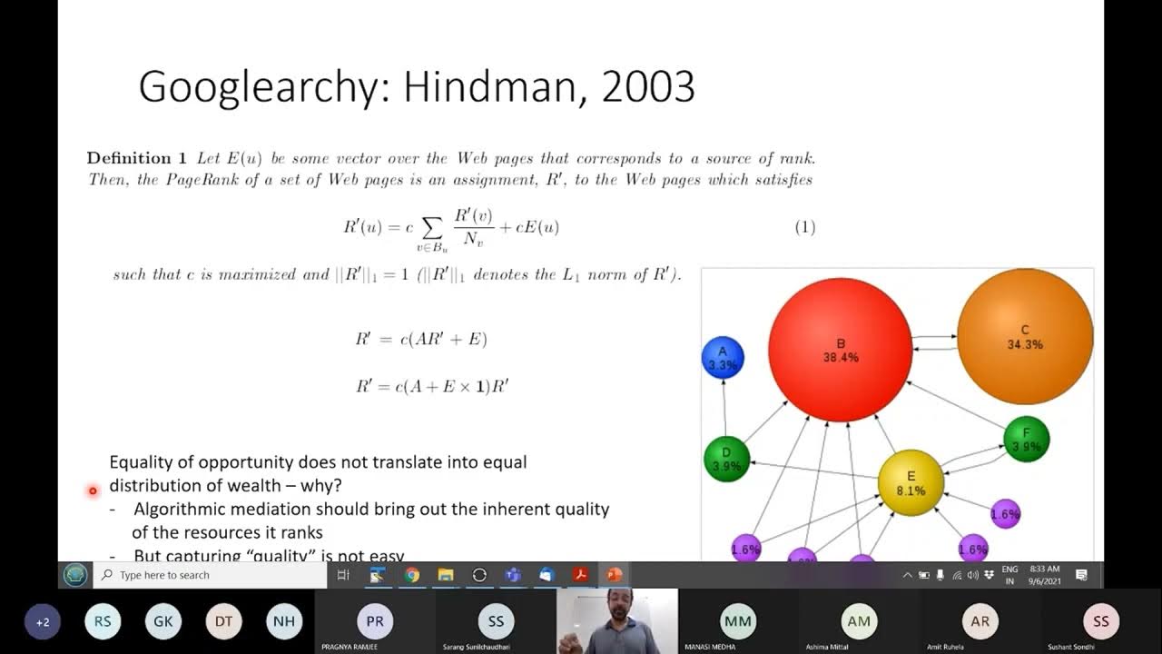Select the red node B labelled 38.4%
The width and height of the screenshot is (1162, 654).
(840, 350)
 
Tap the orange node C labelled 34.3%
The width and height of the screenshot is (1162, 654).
(1025, 337)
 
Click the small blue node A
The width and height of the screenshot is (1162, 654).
(723, 357)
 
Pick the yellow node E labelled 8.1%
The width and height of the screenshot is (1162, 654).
(911, 482)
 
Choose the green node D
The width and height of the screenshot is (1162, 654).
(726, 459)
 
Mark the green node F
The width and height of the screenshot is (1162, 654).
(1026, 440)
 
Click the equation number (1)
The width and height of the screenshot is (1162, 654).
(805, 227)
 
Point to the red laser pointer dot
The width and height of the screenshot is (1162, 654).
(93, 491)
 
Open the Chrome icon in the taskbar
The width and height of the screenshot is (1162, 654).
(412, 575)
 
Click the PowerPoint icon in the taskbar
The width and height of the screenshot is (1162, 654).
(614, 575)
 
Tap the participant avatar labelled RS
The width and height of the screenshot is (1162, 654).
(103, 621)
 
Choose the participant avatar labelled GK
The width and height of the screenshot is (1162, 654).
(163, 621)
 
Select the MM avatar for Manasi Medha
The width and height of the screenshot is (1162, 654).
(738, 621)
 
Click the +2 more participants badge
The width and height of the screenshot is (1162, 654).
(43, 622)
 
